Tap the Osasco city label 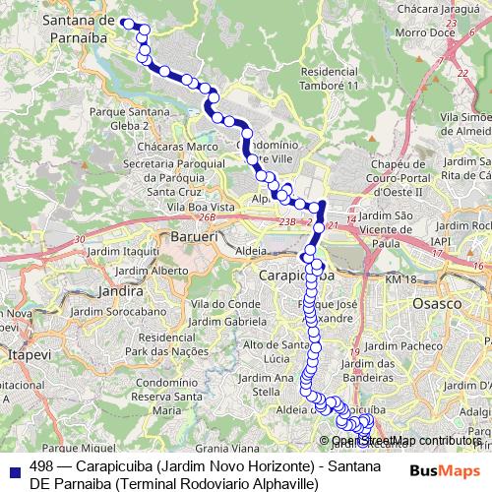pos(436,304)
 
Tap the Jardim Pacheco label pos(441,345)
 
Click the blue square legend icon pos(12,467)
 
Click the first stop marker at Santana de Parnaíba pos(128,22)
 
